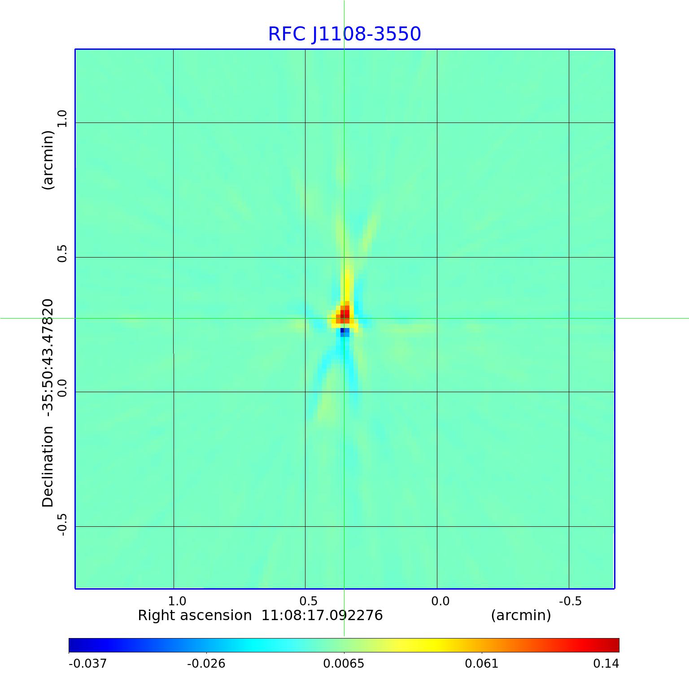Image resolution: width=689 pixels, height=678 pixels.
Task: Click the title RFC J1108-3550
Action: (x=344, y=34)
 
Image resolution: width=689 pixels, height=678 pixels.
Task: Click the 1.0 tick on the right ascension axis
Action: (x=177, y=601)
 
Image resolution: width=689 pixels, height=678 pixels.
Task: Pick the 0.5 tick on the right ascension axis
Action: (x=308, y=601)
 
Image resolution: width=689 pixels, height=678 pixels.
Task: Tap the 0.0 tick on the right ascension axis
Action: (x=440, y=601)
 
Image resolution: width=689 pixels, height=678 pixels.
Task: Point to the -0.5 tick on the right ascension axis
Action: (x=570, y=601)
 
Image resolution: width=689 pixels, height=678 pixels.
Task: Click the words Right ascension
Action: (x=195, y=615)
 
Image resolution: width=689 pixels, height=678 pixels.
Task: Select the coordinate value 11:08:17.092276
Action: (x=322, y=615)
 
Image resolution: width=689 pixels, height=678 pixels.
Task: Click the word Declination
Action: (x=48, y=467)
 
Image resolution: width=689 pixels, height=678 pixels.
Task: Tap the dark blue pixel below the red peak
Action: (x=342, y=331)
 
